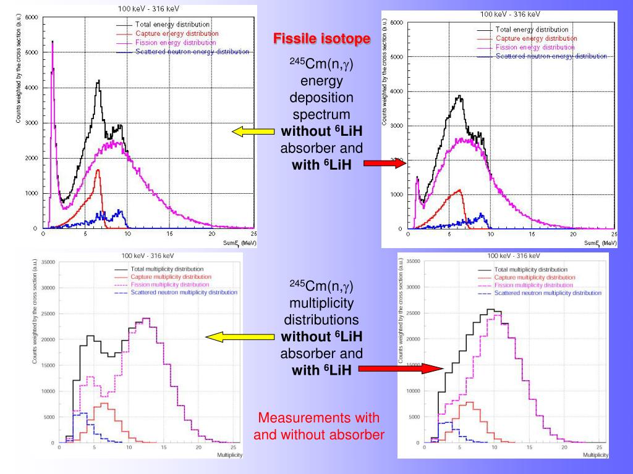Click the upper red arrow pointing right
point(384,163)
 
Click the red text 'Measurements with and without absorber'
point(319,426)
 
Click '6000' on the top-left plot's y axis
point(31,17)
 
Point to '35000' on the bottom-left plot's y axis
point(48,262)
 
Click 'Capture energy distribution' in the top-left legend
point(177,33)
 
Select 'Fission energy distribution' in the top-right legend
point(535,47)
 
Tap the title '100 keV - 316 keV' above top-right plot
point(510,14)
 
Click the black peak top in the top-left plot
point(98,81)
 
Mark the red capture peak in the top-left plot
point(98,170)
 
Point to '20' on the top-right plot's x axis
point(572,235)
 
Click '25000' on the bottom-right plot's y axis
point(413,313)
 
